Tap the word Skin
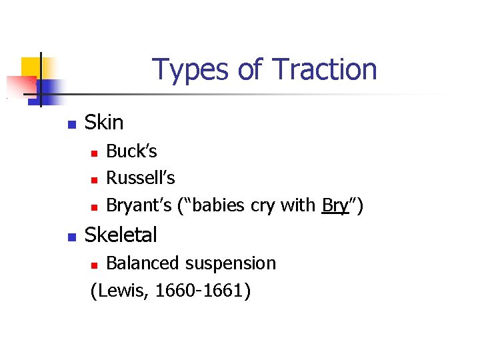click(104, 123)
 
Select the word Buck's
click(131, 151)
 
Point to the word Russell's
click(141, 178)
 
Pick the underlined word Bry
click(335, 205)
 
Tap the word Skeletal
click(121, 235)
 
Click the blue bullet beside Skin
click(72, 124)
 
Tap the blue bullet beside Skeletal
click(72, 236)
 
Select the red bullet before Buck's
click(95, 153)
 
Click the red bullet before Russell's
click(95, 180)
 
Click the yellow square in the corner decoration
click(31, 67)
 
